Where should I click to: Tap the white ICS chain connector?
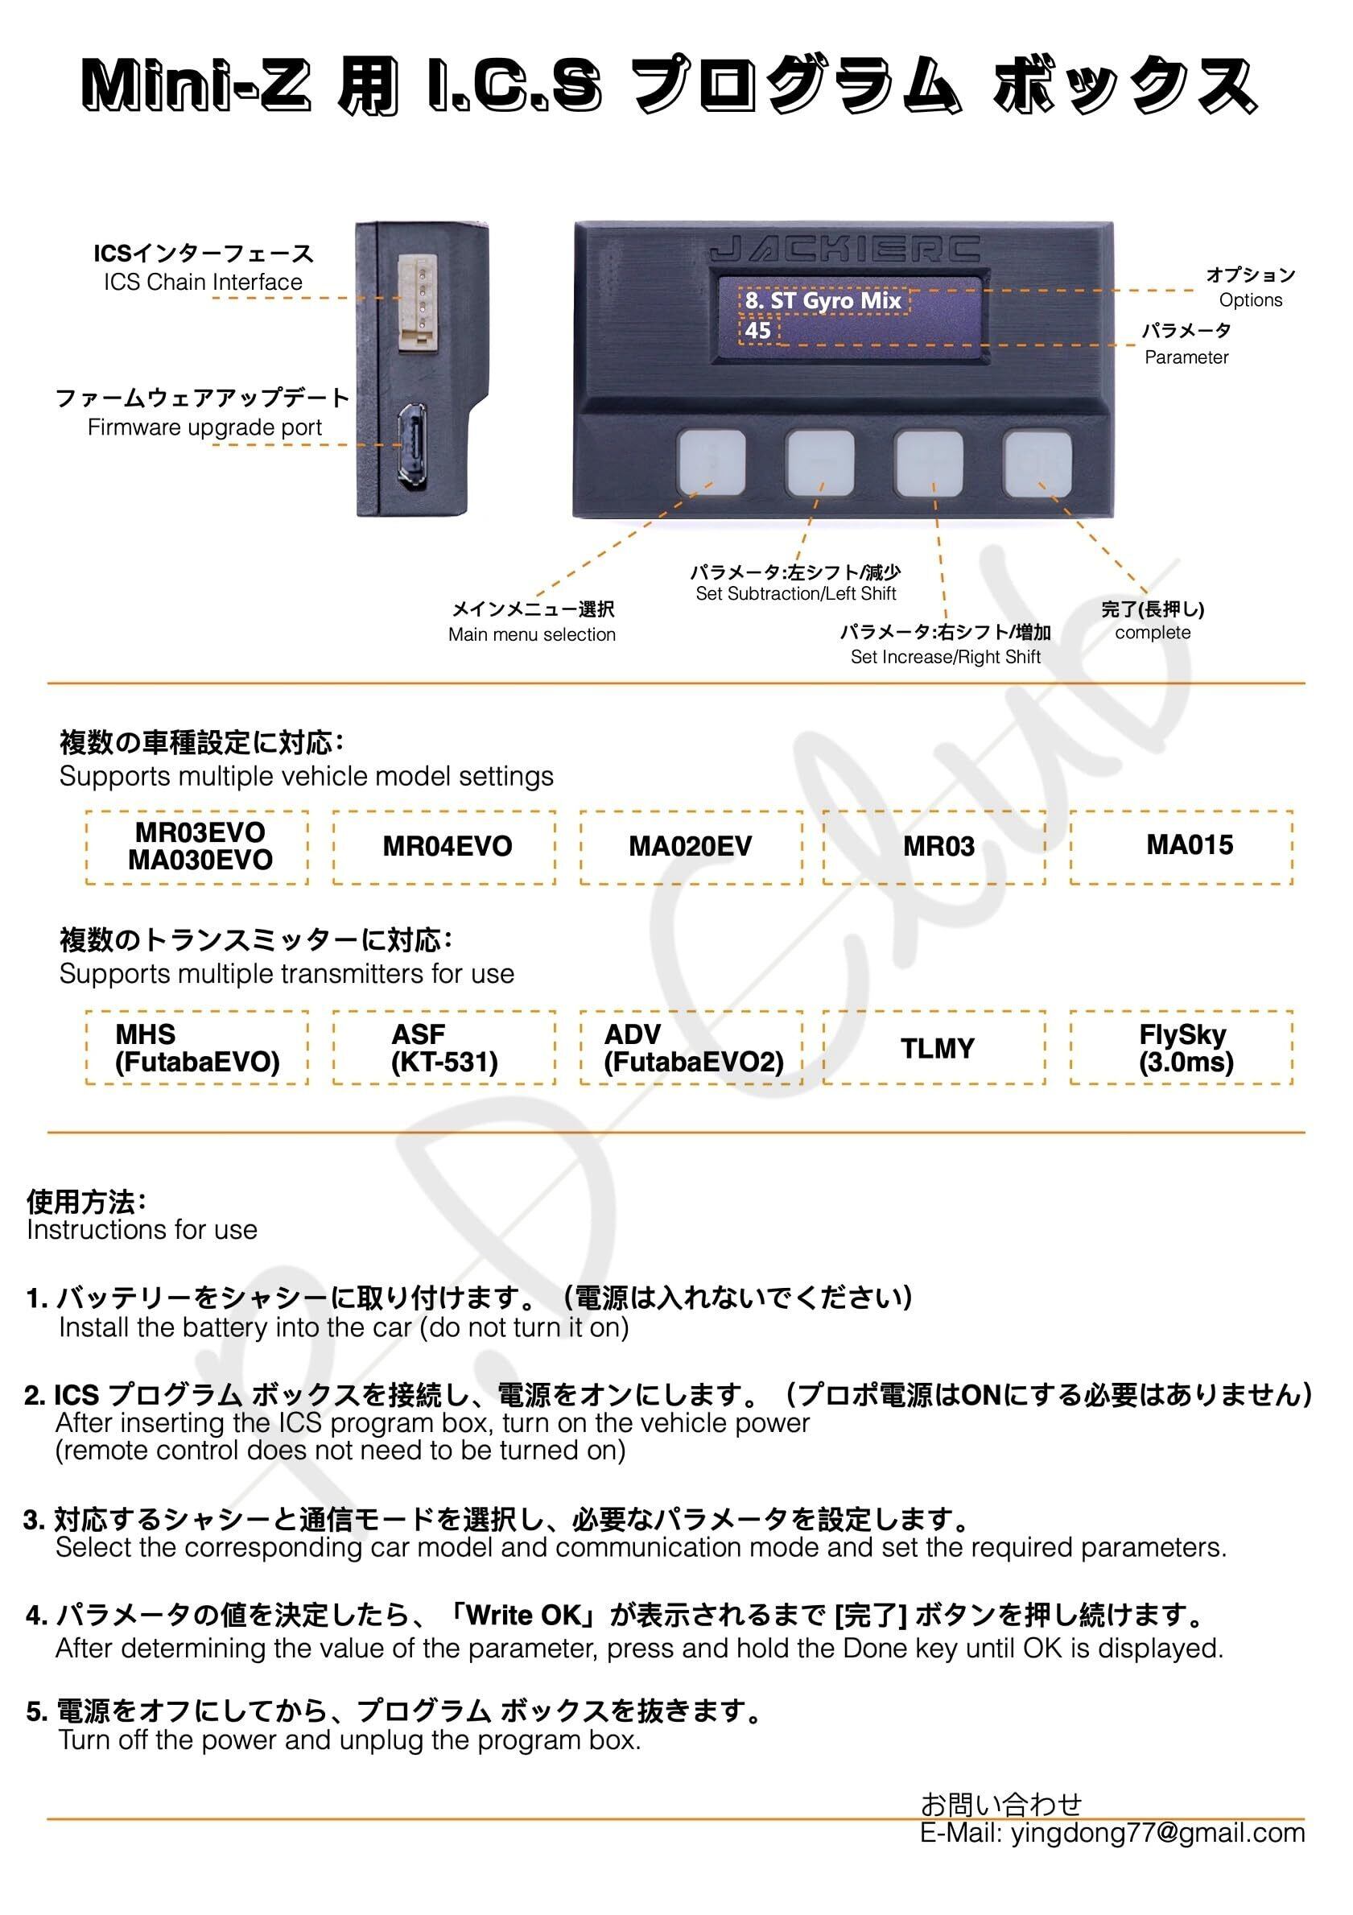pyautogui.click(x=417, y=303)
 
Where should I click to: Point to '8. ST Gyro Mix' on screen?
pyautogui.click(x=823, y=300)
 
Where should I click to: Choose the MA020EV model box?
pyautogui.click(x=691, y=847)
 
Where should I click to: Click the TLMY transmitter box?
pyautogui.click(x=937, y=1048)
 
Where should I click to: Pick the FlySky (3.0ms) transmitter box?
pyautogui.click(x=1185, y=1048)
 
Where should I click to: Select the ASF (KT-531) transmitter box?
pyautogui.click(x=443, y=1048)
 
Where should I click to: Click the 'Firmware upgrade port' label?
pyautogui.click(x=204, y=428)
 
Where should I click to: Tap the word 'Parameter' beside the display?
pyautogui.click(x=1186, y=358)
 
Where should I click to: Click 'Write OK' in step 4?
pyautogui.click(x=523, y=1614)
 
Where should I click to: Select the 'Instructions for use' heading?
pyautogui.click(x=142, y=1229)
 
